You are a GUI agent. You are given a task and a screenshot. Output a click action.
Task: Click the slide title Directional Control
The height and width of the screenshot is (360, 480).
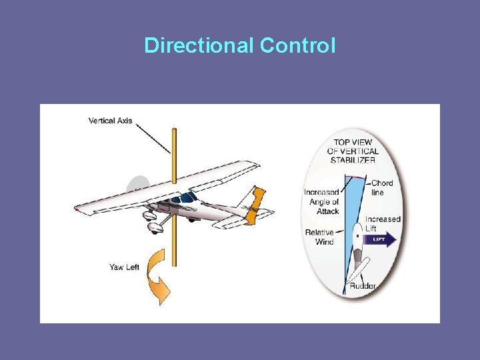[240, 45]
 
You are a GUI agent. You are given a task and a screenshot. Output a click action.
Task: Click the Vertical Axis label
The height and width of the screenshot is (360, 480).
[110, 121]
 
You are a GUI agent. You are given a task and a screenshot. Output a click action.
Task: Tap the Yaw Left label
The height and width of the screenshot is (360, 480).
[124, 267]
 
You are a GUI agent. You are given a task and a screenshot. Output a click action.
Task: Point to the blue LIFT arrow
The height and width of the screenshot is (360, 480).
[381, 239]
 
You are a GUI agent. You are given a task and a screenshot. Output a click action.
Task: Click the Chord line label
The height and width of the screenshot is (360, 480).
[382, 187]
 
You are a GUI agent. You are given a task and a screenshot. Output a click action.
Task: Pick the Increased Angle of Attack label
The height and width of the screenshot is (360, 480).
[322, 201]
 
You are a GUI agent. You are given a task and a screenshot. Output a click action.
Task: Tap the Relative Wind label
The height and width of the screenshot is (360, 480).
[319, 237]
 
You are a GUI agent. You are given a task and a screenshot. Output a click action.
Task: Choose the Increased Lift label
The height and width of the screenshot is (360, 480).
[383, 223]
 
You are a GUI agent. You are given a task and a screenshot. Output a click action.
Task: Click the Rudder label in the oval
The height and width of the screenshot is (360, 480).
[363, 286]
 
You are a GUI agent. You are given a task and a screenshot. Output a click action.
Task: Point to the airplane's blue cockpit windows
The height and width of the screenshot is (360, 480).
[183, 198]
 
